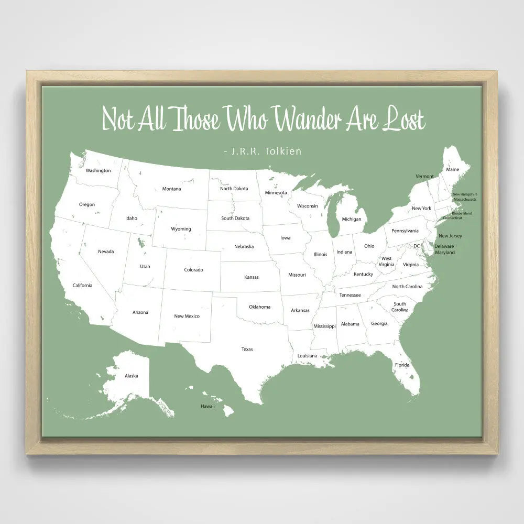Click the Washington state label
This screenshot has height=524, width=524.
tap(99, 170)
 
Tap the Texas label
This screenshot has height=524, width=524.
tap(247, 349)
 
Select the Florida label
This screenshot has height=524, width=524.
tap(402, 365)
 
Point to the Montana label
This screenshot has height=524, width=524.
tap(171, 189)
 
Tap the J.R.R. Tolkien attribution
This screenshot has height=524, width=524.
tap(263, 151)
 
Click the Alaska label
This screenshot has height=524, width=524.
tap(131, 376)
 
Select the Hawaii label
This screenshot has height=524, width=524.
tap(208, 406)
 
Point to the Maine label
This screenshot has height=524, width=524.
tap(452, 169)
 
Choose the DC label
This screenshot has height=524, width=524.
tap(417, 246)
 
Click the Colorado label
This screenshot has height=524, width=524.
tap(193, 270)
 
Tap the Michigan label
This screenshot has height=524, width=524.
tap(352, 219)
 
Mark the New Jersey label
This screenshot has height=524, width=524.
tap(450, 236)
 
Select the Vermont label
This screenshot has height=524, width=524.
tap(424, 176)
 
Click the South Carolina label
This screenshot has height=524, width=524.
tap(400, 307)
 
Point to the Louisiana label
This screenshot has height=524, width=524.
tap(308, 356)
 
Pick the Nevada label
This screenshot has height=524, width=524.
tap(106, 252)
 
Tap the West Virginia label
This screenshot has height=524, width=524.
tap(387, 261)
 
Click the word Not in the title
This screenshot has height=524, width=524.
tap(118, 118)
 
